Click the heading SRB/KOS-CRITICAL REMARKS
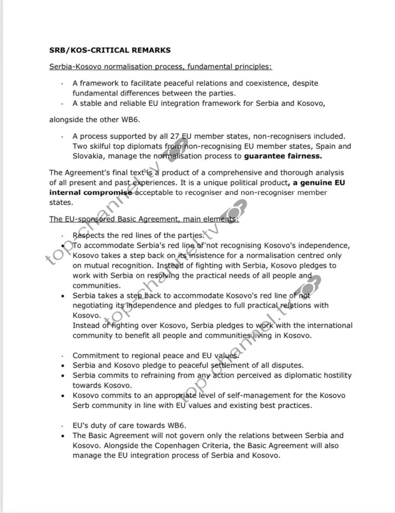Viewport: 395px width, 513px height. click(110, 50)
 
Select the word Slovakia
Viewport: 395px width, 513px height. click(90, 156)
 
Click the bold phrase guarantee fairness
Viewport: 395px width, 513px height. click(283, 156)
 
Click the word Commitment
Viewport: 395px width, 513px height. click(96, 355)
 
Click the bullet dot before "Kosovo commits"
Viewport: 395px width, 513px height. click(63, 396)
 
